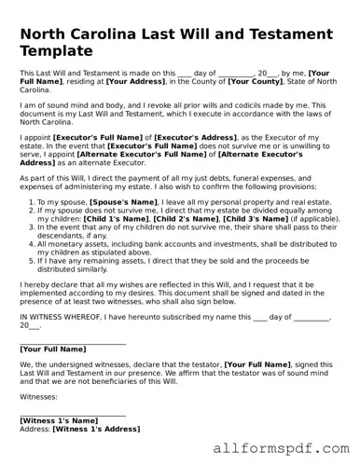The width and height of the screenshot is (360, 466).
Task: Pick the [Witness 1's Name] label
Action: (59, 420)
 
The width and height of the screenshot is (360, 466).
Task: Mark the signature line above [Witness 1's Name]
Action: (73, 414)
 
